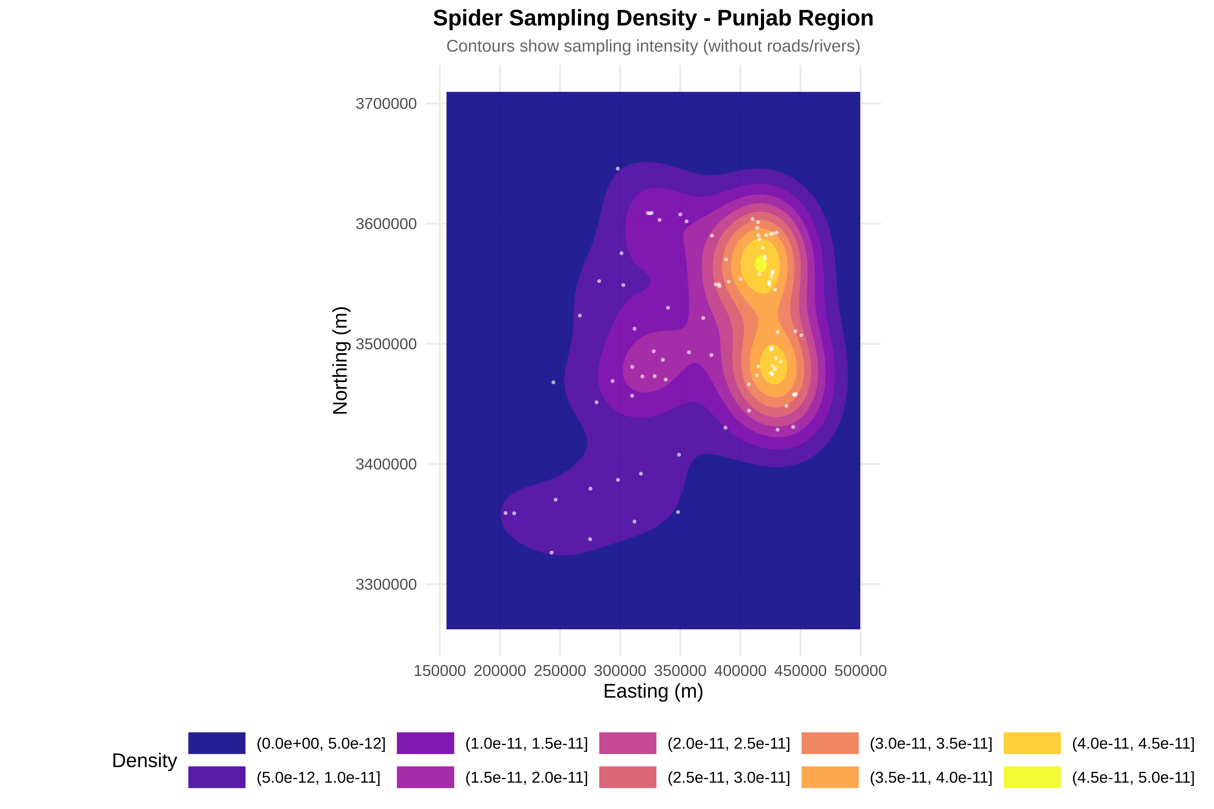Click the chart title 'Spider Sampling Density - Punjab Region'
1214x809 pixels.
[653, 19]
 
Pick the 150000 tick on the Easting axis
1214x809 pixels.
[440, 671]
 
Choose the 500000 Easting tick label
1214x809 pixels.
[860, 671]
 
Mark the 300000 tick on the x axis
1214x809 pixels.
[620, 671]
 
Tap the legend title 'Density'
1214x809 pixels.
[144, 760]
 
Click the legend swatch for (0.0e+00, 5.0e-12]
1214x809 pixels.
[217, 743]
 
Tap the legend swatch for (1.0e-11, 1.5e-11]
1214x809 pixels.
[425, 743]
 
